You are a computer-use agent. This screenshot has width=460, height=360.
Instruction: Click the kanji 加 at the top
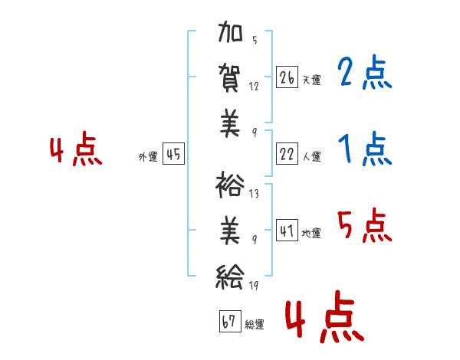click(x=230, y=31)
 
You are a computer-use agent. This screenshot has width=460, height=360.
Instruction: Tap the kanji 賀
click(x=230, y=78)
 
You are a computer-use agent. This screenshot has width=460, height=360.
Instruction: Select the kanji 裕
click(x=230, y=185)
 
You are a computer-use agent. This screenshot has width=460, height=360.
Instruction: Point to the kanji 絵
click(x=230, y=277)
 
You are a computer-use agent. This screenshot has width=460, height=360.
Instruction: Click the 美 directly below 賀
click(x=230, y=123)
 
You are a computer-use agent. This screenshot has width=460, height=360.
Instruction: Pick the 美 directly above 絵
click(x=230, y=231)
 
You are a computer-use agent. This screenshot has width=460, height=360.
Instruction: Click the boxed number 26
click(x=287, y=77)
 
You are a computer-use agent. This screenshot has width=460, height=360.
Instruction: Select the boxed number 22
click(x=287, y=154)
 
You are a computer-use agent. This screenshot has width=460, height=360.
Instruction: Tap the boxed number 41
click(x=287, y=230)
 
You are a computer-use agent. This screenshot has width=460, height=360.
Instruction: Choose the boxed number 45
click(x=173, y=154)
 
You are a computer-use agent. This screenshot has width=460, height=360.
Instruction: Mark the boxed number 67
click(x=230, y=321)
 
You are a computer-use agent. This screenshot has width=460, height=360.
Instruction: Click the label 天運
click(x=312, y=80)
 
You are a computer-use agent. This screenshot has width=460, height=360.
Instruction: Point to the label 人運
click(x=312, y=156)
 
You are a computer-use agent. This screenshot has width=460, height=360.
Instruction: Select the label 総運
click(x=255, y=324)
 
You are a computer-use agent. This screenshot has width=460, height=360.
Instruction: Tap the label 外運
click(x=148, y=157)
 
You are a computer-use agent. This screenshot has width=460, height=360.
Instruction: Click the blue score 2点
click(x=364, y=72)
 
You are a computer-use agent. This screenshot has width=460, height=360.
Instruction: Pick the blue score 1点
click(x=365, y=149)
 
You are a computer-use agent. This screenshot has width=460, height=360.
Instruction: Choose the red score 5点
click(x=364, y=225)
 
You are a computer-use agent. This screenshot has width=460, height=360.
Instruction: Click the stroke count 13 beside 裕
click(x=254, y=194)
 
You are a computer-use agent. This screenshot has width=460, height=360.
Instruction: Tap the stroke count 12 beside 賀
click(x=254, y=87)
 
